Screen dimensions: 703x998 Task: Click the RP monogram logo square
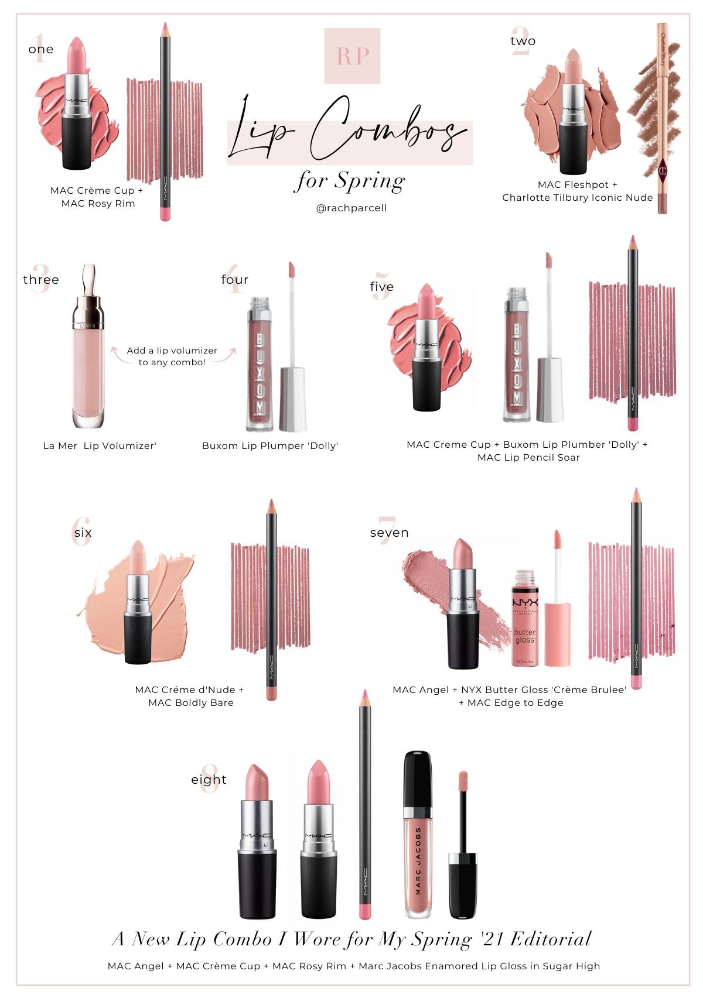(x=352, y=56)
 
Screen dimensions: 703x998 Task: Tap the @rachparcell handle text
(x=351, y=208)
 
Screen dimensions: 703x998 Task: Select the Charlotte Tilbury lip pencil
(x=662, y=118)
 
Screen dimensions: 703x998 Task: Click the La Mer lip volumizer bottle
(x=89, y=346)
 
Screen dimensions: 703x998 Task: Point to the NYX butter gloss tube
(x=525, y=618)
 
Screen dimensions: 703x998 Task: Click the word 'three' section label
(x=41, y=279)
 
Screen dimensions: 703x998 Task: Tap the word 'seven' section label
(x=389, y=533)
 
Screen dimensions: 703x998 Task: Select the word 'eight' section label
(x=209, y=780)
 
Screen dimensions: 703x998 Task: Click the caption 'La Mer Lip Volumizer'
(x=100, y=445)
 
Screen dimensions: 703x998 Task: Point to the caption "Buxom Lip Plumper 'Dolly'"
(x=270, y=445)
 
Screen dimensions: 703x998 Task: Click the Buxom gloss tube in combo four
(x=260, y=363)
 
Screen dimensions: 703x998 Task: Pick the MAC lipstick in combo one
(x=77, y=104)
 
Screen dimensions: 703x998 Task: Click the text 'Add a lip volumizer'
(x=172, y=351)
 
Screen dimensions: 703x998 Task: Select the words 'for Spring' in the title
(x=350, y=181)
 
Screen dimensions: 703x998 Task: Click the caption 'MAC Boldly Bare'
(x=191, y=702)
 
